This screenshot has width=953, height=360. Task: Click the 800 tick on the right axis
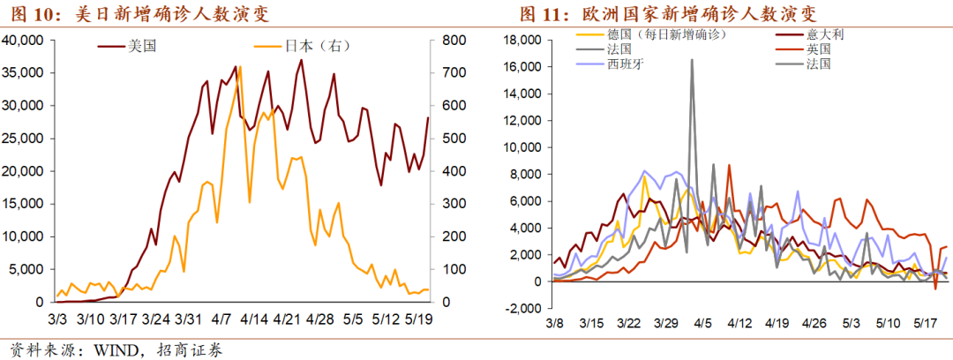451,41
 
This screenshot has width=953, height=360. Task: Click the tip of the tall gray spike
692,60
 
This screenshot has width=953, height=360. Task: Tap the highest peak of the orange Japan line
240,67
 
